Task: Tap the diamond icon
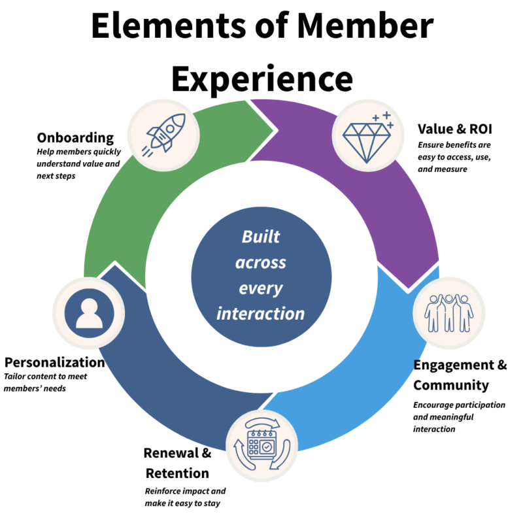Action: click(367, 135)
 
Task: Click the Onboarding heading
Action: click(75, 138)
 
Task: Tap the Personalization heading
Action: click(54, 362)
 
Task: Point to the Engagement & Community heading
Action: click(460, 375)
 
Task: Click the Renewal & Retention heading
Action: click(177, 463)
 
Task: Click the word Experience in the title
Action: click(261, 78)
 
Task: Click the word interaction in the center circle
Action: click(261, 313)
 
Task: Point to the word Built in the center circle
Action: click(261, 237)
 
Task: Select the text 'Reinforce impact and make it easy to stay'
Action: click(185, 497)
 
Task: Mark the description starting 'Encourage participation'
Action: click(459, 416)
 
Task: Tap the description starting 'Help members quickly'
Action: click(78, 164)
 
